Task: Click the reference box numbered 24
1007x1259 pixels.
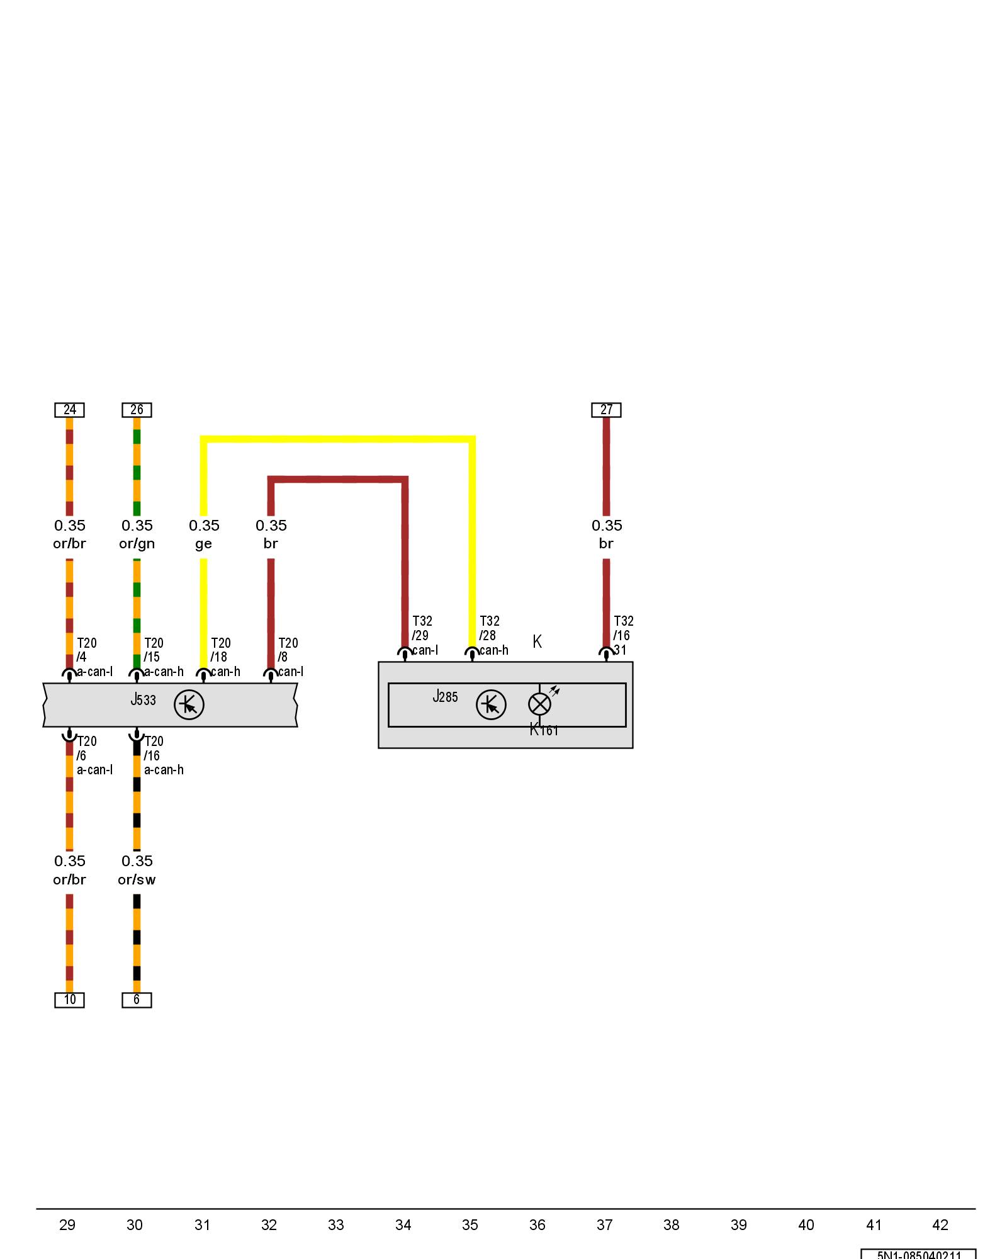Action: (69, 410)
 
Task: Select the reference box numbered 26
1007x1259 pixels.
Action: (137, 410)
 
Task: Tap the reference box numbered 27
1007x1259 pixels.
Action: (606, 410)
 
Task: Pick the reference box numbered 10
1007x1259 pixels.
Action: (69, 1000)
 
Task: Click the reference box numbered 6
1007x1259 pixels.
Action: (137, 1000)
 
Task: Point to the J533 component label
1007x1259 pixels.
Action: (143, 699)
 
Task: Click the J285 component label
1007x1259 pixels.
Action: (445, 696)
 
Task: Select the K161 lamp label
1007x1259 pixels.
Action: (544, 730)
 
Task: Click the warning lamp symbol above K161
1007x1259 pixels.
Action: (539, 704)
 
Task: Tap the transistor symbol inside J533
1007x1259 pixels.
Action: (189, 704)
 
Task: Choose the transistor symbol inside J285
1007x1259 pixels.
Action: (491, 704)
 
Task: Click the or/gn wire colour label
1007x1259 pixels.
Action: (137, 543)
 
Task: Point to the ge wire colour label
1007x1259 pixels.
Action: (203, 544)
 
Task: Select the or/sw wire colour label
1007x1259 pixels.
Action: (137, 879)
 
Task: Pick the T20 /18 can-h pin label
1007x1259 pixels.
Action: (224, 657)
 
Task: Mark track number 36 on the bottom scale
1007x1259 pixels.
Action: (537, 1225)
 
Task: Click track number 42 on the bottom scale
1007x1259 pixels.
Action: (940, 1225)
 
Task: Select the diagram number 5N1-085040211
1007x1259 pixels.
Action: (919, 1254)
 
